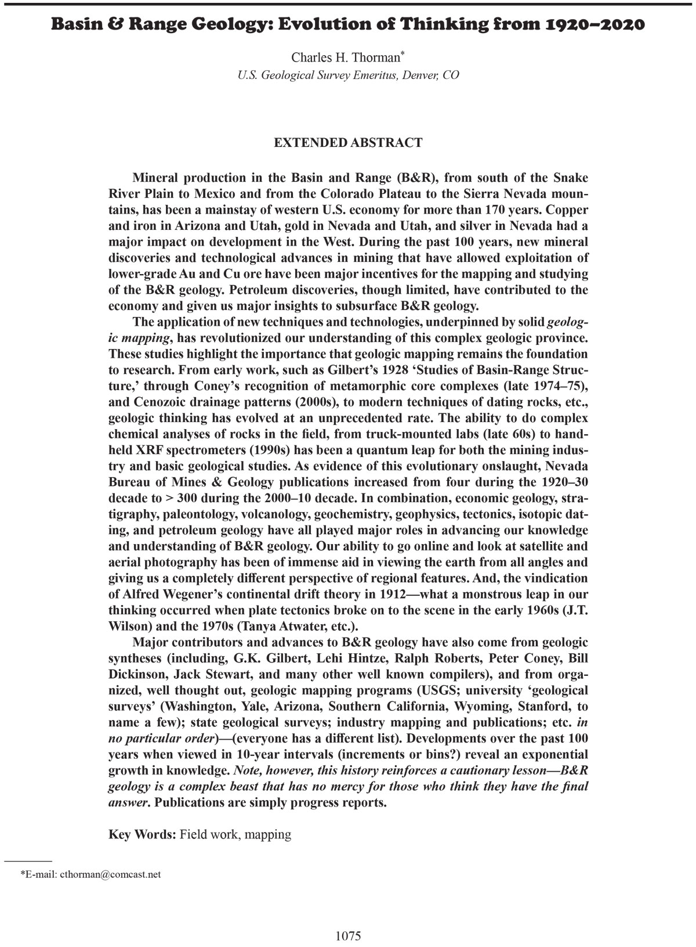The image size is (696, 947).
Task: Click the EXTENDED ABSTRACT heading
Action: click(x=348, y=143)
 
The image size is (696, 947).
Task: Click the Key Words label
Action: click(x=142, y=834)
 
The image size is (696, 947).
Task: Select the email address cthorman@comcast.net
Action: click(x=110, y=874)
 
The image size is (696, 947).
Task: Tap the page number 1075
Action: click(x=348, y=935)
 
